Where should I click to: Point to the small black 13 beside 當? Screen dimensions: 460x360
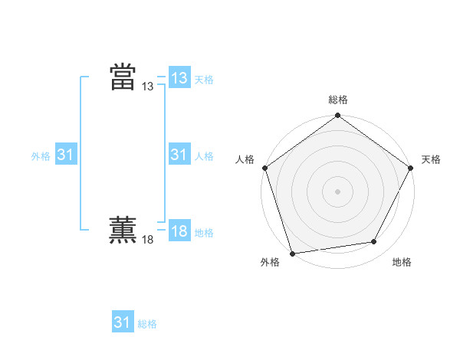click(148, 87)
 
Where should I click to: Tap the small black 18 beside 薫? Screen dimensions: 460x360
click(148, 241)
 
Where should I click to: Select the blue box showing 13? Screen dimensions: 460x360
click(179, 77)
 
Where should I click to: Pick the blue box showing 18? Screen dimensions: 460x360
click(179, 231)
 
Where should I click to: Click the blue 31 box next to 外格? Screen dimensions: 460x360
click(65, 155)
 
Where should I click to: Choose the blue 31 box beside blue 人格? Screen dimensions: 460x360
click(179, 155)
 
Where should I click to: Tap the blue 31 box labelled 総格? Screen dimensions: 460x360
click(122, 322)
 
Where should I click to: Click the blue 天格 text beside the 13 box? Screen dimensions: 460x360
click(204, 80)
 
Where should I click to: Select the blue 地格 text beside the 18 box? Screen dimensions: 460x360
click(204, 233)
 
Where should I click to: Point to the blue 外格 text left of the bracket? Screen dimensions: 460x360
click(41, 156)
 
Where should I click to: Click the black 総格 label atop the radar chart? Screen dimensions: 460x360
click(337, 100)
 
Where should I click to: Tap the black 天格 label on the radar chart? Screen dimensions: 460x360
click(431, 159)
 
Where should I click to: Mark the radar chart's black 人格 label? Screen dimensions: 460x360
click(245, 159)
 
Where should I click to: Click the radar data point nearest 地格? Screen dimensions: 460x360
click(374, 242)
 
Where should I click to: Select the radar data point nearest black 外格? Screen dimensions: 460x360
click(292, 254)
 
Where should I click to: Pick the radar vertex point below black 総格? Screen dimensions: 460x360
click(337, 116)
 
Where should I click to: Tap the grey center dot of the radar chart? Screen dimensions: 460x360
click(337, 191)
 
